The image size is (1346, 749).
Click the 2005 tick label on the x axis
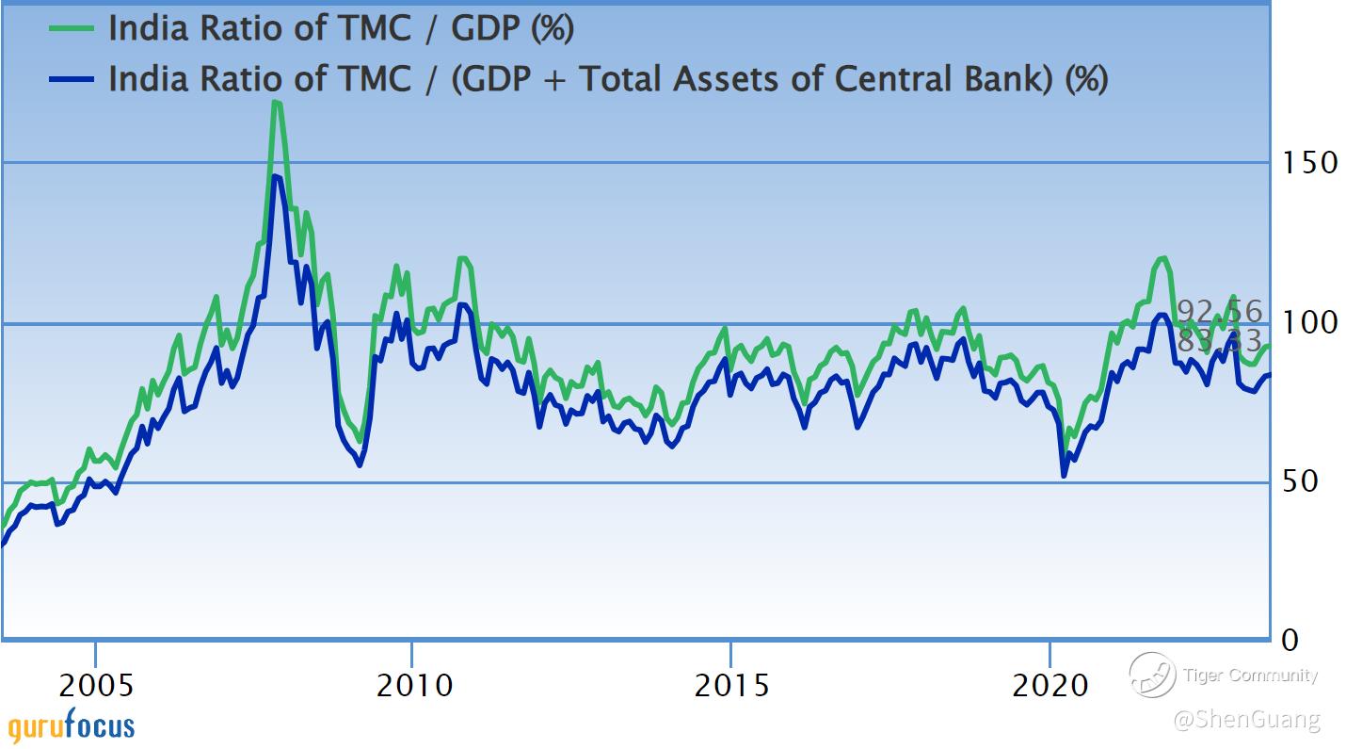tap(95, 685)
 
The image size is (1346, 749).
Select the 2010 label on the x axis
tap(412, 685)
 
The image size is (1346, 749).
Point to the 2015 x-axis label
tap(730, 685)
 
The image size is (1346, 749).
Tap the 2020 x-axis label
tap(1049, 685)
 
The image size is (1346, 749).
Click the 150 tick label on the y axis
tap(1309, 162)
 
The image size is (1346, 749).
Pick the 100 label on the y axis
tap(1309, 322)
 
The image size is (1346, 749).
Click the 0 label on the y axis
tap(1290, 640)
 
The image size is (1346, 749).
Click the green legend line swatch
tap(72, 29)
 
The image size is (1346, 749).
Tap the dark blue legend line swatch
tap(72, 80)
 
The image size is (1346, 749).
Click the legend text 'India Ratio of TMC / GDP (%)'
tap(341, 29)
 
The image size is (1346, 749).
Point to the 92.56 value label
tap(1219, 312)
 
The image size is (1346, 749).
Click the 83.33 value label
tap(1219, 341)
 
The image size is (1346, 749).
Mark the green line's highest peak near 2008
tap(275, 102)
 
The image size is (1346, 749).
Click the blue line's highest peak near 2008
tap(275, 176)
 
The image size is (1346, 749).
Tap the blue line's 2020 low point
tap(1064, 475)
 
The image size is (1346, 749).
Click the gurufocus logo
tap(71, 726)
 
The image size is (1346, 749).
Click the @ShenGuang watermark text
tap(1246, 721)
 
